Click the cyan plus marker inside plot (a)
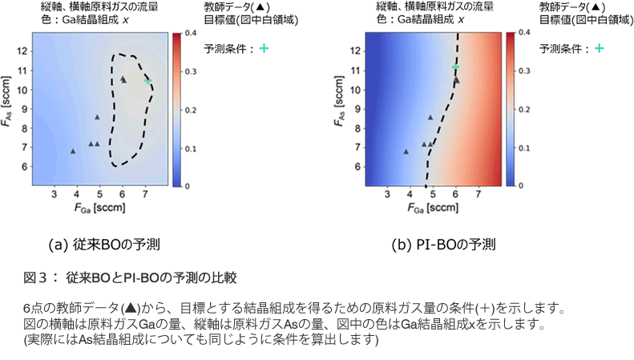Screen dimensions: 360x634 [148, 81]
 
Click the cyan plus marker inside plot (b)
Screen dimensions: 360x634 [455, 67]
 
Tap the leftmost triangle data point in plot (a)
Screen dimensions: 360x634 [73, 151]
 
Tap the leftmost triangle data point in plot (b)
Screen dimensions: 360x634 [406, 151]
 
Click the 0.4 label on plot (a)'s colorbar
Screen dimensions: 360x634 [193, 34]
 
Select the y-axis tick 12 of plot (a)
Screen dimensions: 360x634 [21, 51]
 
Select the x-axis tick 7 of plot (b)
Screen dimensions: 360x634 [479, 195]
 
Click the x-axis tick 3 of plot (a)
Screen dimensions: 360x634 [55, 195]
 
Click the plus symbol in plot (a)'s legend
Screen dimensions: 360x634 [263, 49]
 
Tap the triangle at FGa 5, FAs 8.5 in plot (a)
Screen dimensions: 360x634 [97, 117]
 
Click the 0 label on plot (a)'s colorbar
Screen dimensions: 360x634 [188, 186]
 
